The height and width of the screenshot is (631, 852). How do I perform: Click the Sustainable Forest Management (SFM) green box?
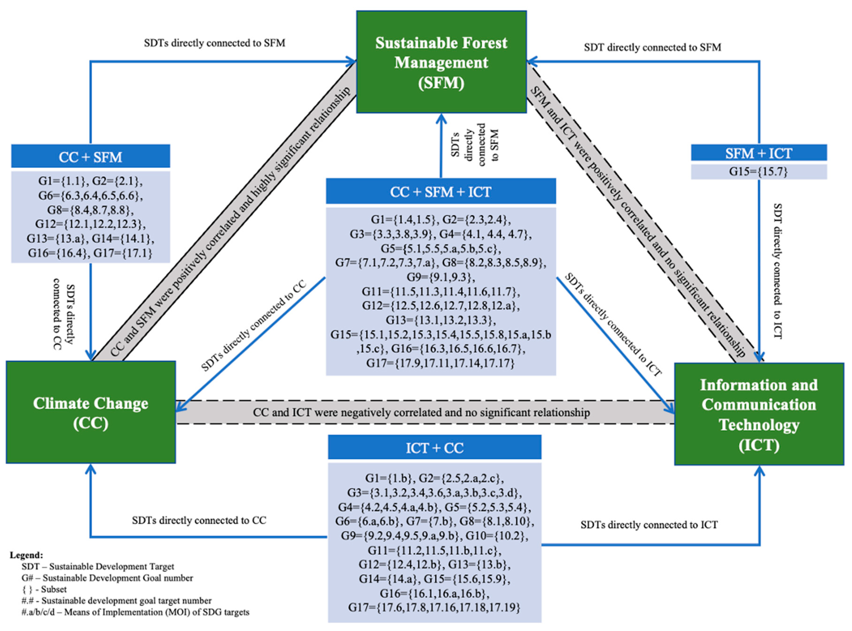[x=441, y=62]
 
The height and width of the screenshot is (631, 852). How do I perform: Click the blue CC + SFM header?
[x=90, y=157]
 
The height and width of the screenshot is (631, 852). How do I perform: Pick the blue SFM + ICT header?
[x=759, y=153]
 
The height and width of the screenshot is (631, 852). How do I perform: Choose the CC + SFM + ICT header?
[x=441, y=191]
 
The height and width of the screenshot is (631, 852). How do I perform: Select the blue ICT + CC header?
[x=434, y=447]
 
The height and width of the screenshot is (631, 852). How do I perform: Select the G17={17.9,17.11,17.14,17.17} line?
[x=441, y=363]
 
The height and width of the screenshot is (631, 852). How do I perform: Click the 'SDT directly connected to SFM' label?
[x=652, y=47]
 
